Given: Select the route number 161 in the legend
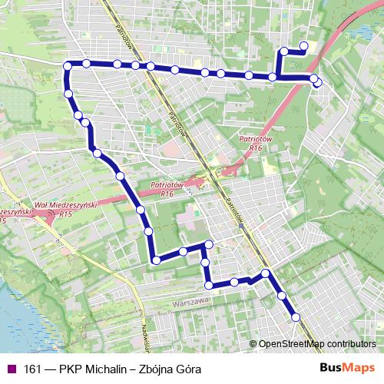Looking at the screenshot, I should (33, 369).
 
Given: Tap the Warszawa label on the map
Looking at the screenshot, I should (192, 303).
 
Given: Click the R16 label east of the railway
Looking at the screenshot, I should (256, 147).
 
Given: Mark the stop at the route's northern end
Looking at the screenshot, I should (303, 46).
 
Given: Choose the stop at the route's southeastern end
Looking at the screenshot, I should (296, 316).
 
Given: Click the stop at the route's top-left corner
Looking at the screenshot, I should (68, 65).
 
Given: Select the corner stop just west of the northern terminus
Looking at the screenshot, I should (284, 51).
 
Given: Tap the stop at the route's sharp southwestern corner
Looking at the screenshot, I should (156, 260).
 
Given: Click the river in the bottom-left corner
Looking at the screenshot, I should (15, 323).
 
